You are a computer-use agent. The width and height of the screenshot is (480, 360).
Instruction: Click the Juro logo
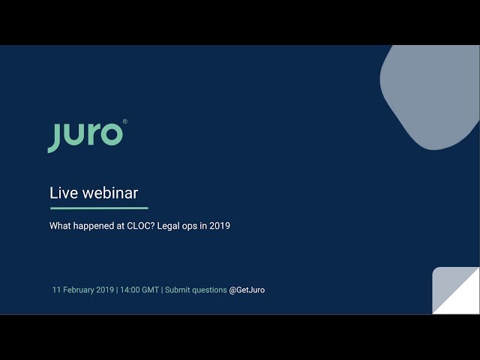(85, 135)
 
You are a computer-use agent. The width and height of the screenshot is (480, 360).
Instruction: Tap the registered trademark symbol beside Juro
(124, 121)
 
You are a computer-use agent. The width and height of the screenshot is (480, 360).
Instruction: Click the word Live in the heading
(63, 193)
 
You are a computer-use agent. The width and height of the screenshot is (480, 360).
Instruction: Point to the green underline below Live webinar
(98, 208)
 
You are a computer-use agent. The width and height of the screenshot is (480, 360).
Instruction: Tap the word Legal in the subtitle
(176, 226)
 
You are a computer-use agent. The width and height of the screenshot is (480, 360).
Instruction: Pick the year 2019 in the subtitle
(219, 226)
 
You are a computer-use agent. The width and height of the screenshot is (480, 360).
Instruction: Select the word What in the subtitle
(61, 226)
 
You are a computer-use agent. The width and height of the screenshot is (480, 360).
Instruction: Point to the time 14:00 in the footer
(131, 289)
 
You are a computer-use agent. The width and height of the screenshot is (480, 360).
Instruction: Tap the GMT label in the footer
(151, 289)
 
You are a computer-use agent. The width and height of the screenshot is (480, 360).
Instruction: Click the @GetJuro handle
(247, 289)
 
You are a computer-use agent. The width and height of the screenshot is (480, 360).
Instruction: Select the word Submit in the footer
(178, 289)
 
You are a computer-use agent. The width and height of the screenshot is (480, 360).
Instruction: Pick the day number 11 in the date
(56, 289)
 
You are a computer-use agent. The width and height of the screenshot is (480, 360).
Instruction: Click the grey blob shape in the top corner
(431, 94)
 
